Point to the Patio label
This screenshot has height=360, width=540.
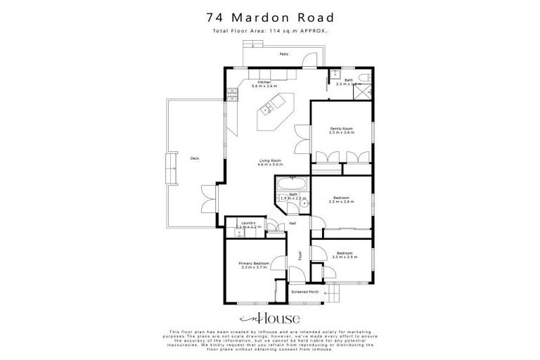pos(283,53)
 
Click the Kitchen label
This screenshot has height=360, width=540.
pos(264,82)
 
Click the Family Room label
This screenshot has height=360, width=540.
pos(342,129)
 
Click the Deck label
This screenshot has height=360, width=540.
pos(195,158)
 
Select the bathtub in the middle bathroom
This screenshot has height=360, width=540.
pos(290,185)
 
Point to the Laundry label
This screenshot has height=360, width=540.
pos(248,223)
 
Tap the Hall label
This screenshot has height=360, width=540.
pos(292,224)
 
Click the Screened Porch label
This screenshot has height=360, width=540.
pos(304,290)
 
